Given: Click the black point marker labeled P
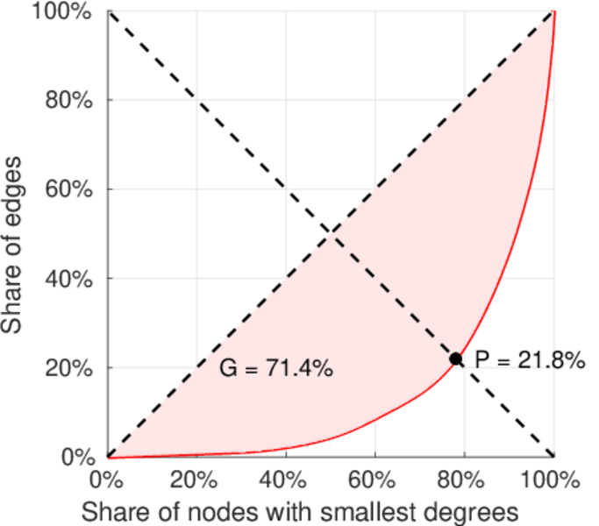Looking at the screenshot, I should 456,359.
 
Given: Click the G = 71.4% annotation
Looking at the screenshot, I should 275,369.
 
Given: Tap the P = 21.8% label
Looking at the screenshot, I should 530,359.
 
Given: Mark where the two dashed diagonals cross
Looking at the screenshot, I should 331,234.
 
